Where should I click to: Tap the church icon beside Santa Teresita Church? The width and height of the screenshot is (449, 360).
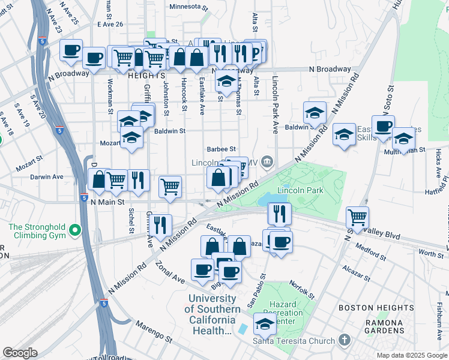click(345, 341)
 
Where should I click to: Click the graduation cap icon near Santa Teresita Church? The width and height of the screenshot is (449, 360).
click(265, 325)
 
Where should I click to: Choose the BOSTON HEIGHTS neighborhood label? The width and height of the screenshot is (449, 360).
click(376, 308)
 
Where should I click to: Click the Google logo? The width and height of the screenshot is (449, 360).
click(20, 353)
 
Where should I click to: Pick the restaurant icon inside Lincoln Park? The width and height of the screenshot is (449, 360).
click(279, 213)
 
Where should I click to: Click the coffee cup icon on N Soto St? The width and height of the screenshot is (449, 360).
click(383, 126)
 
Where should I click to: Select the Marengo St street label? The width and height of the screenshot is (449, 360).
click(149, 325)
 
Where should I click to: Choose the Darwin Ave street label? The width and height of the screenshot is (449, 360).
click(47, 177)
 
